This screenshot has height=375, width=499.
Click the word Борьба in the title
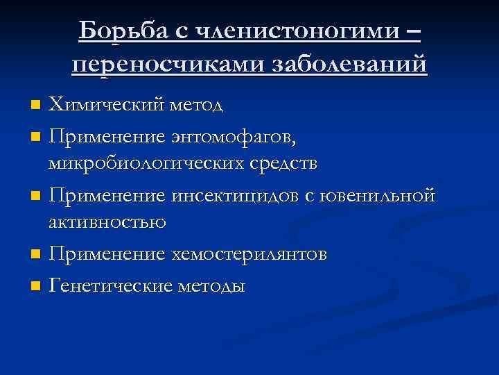(x=123, y=31)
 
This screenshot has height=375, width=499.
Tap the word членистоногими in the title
(x=288, y=31)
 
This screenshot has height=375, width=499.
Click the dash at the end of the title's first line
(x=414, y=31)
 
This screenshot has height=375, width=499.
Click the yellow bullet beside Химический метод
(x=35, y=105)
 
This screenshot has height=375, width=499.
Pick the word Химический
(x=106, y=103)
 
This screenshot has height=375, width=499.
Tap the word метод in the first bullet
(x=196, y=105)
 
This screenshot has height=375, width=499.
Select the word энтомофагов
(x=234, y=137)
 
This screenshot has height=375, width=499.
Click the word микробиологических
(x=146, y=164)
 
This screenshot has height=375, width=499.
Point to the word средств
(x=283, y=164)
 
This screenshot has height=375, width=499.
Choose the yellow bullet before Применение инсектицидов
(x=35, y=195)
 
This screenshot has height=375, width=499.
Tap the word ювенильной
(x=377, y=194)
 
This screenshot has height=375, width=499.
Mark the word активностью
(x=107, y=222)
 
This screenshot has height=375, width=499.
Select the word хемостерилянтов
(x=249, y=254)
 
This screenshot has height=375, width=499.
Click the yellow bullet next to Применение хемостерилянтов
(x=35, y=254)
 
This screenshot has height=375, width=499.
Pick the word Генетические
(x=110, y=285)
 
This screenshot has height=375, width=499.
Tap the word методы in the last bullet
(x=211, y=286)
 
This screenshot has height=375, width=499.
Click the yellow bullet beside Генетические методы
(x=35, y=285)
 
